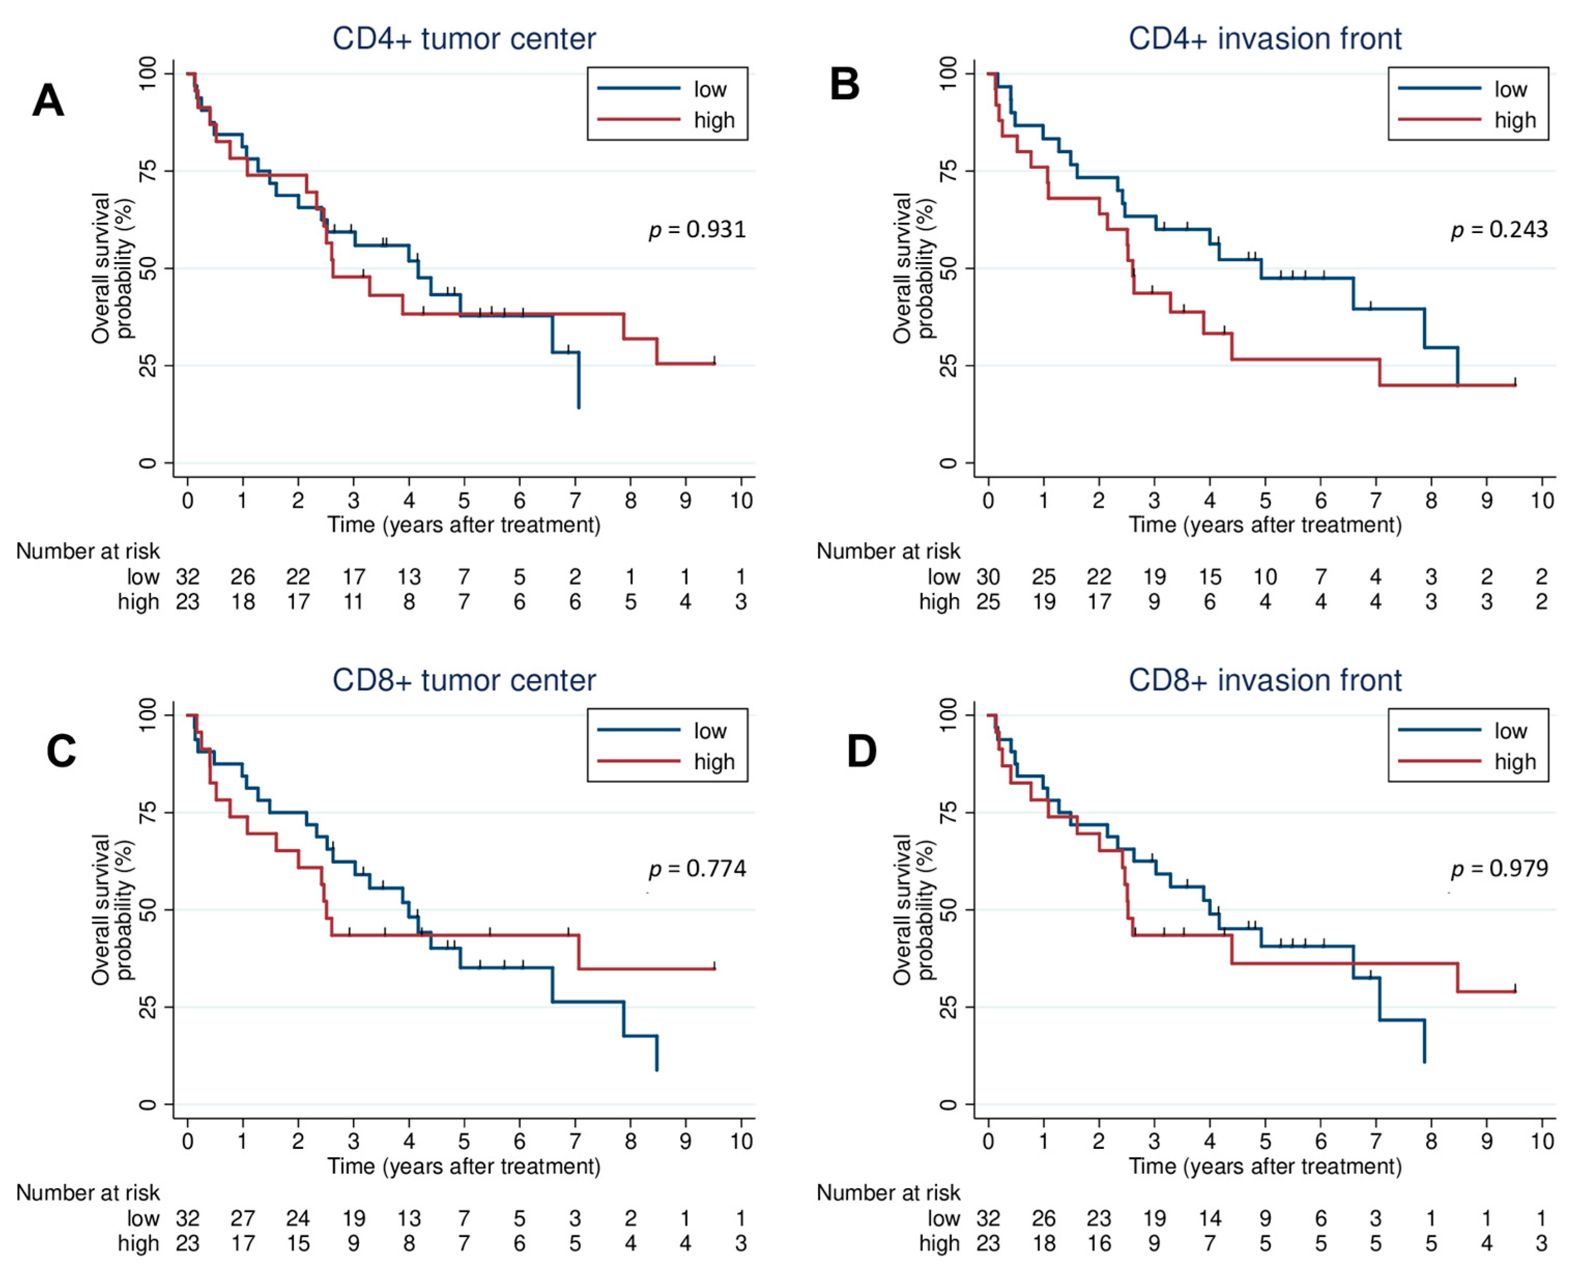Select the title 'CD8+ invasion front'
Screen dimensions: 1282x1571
click(x=1265, y=680)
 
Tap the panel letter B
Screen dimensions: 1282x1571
click(x=845, y=83)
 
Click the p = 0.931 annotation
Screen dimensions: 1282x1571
click(x=697, y=229)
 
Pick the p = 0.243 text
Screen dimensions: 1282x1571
click(x=1498, y=229)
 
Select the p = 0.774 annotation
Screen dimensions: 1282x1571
click(x=697, y=869)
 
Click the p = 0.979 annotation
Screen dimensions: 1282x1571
click(x=1498, y=869)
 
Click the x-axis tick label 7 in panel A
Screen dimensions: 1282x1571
click(x=575, y=501)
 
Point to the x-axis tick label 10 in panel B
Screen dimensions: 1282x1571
click(x=1541, y=501)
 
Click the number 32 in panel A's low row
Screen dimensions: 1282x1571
click(x=188, y=577)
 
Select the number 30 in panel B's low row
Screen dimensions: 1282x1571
click(x=988, y=577)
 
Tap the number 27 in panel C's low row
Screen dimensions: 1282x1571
click(x=243, y=1218)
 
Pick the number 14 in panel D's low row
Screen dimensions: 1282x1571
click(x=1209, y=1218)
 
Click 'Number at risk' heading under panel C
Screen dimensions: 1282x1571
click(x=88, y=1192)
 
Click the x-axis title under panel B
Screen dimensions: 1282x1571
click(x=1265, y=525)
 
